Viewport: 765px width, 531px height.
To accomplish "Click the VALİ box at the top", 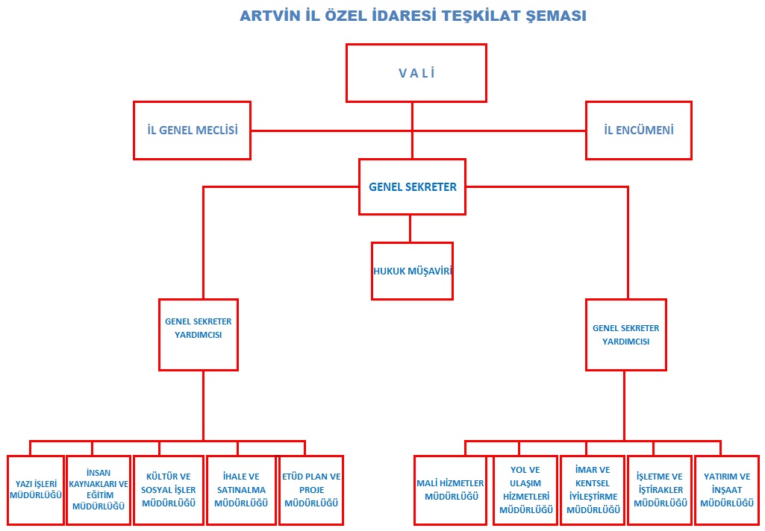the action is (x=416, y=73).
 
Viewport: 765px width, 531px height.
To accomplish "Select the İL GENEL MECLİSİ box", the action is (x=193, y=131).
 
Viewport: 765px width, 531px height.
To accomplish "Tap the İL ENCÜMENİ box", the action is (x=639, y=131).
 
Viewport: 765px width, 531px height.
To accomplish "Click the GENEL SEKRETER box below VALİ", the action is (x=412, y=186).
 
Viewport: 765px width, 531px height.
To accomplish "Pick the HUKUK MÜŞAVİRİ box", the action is (x=412, y=271).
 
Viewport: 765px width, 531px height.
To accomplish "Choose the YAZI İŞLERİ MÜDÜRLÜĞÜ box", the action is (x=36, y=490).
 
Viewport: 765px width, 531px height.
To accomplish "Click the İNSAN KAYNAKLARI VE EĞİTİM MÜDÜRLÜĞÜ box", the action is (x=99, y=490).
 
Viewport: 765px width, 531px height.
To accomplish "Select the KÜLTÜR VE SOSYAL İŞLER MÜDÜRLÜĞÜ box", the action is (x=169, y=490).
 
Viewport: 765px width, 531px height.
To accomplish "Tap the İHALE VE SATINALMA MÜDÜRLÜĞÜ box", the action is (x=241, y=490).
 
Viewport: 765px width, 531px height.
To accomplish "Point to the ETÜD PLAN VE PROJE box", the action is (x=311, y=490).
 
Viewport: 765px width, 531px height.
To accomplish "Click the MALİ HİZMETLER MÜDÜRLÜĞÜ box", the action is (x=450, y=490).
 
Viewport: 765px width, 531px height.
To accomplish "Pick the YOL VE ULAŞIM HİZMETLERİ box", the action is (x=525, y=490).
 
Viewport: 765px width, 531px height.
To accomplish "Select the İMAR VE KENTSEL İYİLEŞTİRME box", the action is (x=593, y=490).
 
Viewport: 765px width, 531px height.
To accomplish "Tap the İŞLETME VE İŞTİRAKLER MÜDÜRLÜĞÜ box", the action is (x=660, y=490).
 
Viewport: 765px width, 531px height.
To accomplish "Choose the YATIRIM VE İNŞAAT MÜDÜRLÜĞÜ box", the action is (x=727, y=490).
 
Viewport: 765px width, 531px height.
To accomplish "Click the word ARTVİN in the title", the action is (x=269, y=16).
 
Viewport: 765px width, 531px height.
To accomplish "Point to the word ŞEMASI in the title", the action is (x=556, y=16).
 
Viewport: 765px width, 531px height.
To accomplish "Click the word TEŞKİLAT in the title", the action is (x=481, y=16).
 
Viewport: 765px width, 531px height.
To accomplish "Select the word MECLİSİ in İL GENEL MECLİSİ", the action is (x=216, y=131).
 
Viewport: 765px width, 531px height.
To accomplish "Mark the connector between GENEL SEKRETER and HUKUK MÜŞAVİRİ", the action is (x=410, y=228).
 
